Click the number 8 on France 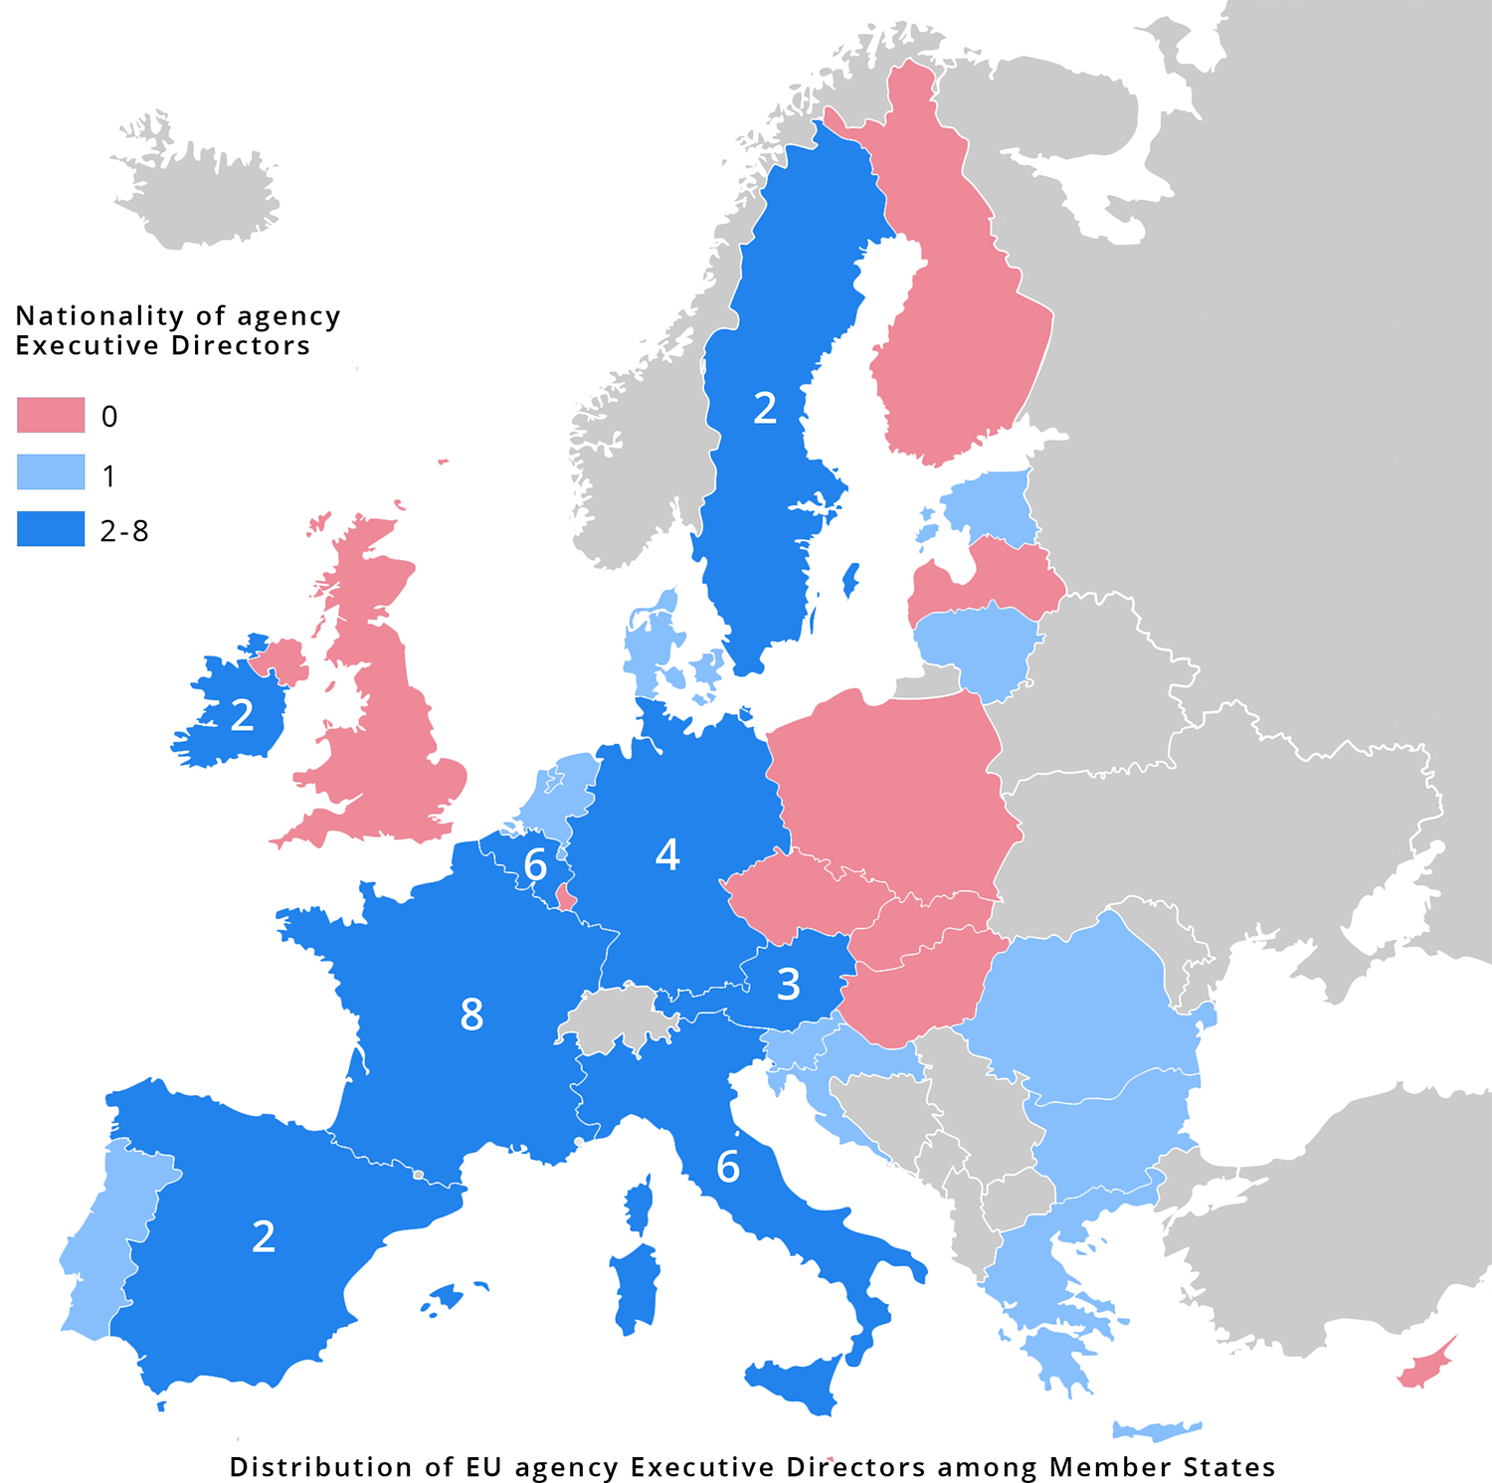(x=471, y=1015)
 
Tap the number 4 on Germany (x=667, y=854)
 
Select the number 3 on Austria (x=788, y=985)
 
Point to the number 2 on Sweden (x=764, y=408)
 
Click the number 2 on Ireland (x=242, y=715)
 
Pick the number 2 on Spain (x=263, y=1236)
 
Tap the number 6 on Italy (x=728, y=1167)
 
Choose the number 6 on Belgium (x=535, y=865)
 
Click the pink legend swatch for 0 (x=51, y=415)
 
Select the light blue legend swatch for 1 (x=51, y=472)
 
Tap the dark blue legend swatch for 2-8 (x=51, y=529)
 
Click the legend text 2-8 (x=124, y=531)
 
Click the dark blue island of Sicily (x=796, y=1383)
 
